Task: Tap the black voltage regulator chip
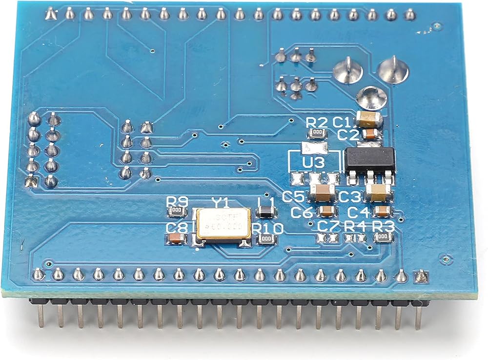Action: [369, 160]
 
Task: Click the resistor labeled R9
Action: [177, 211]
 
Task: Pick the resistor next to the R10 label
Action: [266, 239]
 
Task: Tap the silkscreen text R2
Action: [317, 122]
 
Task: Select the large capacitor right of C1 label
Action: [369, 118]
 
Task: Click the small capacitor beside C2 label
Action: [371, 133]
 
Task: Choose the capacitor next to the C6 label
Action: [325, 211]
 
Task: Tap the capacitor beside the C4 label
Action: [382, 211]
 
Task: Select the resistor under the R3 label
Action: [383, 238]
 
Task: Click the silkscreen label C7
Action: [328, 226]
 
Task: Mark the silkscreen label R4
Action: [355, 226]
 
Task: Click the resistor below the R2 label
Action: [317, 133]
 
